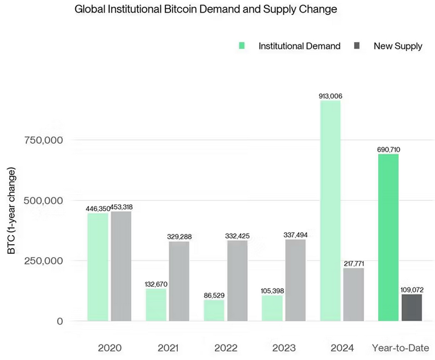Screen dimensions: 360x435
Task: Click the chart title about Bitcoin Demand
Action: coord(206,10)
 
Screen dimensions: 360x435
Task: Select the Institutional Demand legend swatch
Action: coord(242,46)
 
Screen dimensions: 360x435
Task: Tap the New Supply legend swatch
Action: coord(357,46)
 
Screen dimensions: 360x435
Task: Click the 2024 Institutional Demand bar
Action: coord(330,211)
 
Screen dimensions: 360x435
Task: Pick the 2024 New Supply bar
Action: coord(353,294)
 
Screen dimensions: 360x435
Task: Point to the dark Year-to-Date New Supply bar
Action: coord(412,308)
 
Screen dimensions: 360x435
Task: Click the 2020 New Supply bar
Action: coord(121,266)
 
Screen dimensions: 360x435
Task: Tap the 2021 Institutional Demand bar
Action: coord(156,305)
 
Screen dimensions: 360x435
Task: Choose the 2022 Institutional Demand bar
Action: coord(214,310)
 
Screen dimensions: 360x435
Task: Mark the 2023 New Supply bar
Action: coord(295,280)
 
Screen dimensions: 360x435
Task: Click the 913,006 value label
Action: coord(330,96)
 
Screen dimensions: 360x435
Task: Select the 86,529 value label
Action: coord(214,295)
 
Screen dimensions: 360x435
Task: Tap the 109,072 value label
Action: coord(412,290)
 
